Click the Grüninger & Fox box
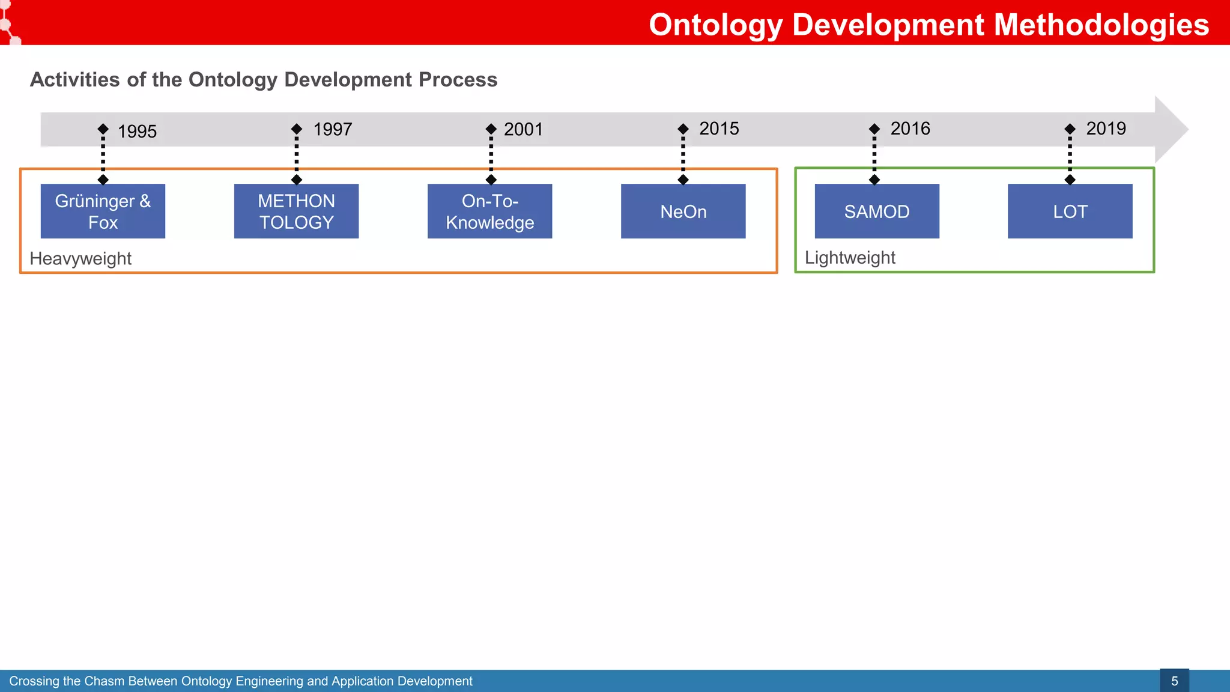click(103, 211)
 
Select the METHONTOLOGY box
click(296, 211)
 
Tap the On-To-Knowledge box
click(489, 211)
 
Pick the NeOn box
click(683, 211)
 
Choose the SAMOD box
click(876, 211)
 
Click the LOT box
click(1070, 211)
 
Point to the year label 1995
click(137, 132)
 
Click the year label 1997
click(332, 129)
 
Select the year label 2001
click(523, 129)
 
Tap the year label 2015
click(719, 129)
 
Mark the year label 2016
click(910, 129)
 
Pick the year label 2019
click(1106, 129)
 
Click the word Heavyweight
click(80, 259)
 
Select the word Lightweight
click(850, 258)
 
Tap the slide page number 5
click(1174, 681)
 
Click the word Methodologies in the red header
click(1101, 25)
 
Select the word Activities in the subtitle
click(74, 80)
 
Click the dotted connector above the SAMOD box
click(874, 155)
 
